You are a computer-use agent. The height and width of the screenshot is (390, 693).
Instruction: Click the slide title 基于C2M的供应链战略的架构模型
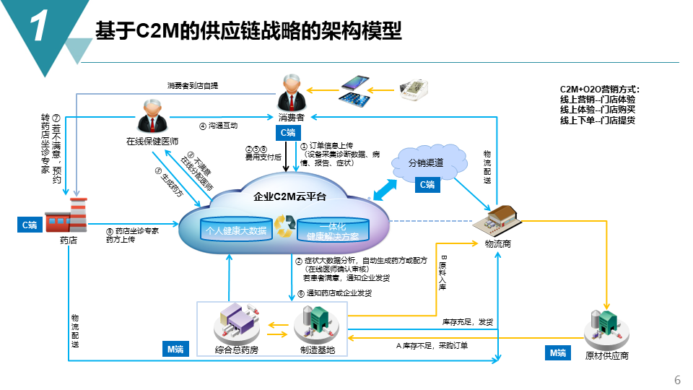248,31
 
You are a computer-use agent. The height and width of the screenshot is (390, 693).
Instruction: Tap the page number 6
676,380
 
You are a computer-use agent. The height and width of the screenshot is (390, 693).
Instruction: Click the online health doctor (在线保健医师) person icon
152,116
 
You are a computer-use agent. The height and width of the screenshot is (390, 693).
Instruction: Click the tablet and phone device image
354,90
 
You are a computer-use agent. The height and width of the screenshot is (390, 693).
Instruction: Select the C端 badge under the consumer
287,133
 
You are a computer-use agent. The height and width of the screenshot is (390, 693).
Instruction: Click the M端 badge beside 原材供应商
558,352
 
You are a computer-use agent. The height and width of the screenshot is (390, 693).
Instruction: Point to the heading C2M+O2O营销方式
600,90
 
